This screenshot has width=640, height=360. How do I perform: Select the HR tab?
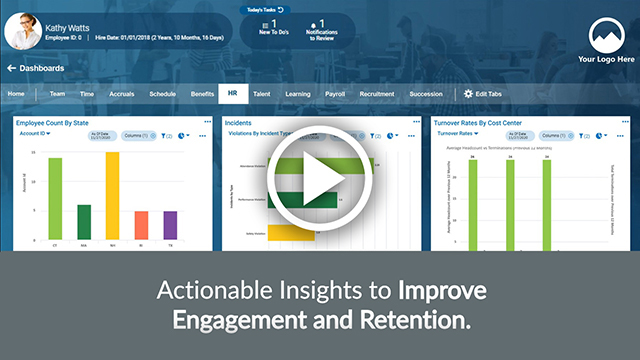(x=232, y=93)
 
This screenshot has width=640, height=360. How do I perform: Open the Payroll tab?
(x=335, y=93)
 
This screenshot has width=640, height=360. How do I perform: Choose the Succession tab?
(x=425, y=93)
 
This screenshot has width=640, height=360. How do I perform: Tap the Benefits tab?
(x=203, y=93)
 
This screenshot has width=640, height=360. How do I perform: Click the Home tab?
(x=16, y=93)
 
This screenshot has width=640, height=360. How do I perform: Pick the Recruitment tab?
(x=377, y=93)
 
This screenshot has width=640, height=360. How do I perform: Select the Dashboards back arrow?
(x=11, y=68)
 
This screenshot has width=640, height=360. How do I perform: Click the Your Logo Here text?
(x=606, y=60)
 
